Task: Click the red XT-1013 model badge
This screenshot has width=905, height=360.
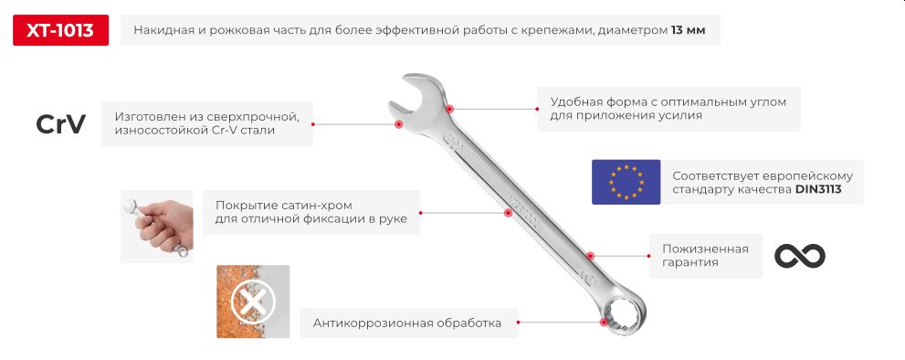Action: (x=60, y=30)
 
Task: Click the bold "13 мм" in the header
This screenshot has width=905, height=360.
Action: (x=689, y=30)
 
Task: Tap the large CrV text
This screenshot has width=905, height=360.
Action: (x=60, y=124)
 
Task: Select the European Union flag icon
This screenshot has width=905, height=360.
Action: (x=626, y=181)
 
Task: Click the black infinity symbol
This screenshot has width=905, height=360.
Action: (x=799, y=256)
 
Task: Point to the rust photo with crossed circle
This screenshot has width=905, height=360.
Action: (x=253, y=302)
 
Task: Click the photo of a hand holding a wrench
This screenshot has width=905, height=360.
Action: (x=157, y=226)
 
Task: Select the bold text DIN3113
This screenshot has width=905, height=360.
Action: (x=818, y=190)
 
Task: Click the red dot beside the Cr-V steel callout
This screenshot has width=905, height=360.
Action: (x=398, y=123)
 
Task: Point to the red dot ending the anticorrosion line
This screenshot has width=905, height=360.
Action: (x=604, y=322)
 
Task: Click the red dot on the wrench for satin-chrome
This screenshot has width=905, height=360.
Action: (x=508, y=212)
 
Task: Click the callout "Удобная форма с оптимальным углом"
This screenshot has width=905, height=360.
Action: (x=668, y=109)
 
